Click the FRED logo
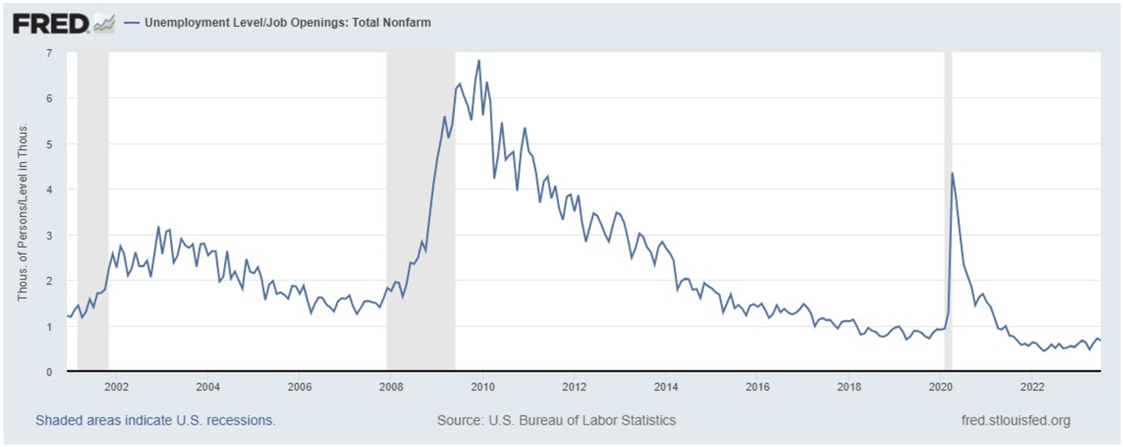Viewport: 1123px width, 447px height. click(x=51, y=24)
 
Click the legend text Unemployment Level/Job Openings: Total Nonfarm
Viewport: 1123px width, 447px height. click(x=287, y=23)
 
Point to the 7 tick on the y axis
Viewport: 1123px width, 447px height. click(x=49, y=53)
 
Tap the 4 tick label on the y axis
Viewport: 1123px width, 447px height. click(x=49, y=189)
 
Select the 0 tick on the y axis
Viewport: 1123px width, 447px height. click(x=49, y=372)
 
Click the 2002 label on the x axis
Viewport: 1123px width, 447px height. click(x=116, y=387)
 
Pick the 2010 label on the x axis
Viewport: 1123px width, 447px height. click(x=483, y=387)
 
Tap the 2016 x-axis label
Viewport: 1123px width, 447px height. click(x=757, y=387)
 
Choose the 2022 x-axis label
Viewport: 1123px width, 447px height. click(x=1032, y=387)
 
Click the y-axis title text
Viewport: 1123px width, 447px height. click(x=23, y=213)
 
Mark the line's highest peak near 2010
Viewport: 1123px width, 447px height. click(x=479, y=60)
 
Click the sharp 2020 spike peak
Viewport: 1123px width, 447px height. click(x=952, y=173)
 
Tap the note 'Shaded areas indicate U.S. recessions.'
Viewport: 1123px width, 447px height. click(x=155, y=420)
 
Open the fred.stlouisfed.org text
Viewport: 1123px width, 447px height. click(x=1015, y=420)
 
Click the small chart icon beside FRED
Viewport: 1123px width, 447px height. click(x=104, y=24)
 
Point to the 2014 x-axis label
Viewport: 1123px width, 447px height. click(x=666, y=387)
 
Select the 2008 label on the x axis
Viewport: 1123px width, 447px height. click(x=391, y=387)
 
